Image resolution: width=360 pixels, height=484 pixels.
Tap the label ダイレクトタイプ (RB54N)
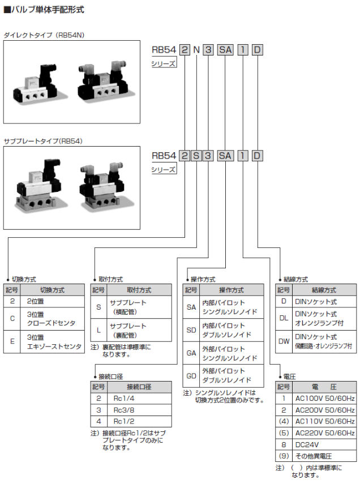[44, 35]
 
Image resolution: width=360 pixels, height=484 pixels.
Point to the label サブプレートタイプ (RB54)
[42, 140]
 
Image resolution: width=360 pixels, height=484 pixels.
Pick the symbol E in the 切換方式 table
[12, 342]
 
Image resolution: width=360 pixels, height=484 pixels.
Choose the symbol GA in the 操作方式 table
[191, 354]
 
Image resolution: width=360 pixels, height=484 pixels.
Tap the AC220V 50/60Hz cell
[324, 433]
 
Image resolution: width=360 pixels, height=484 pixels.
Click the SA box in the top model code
[225, 49]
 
